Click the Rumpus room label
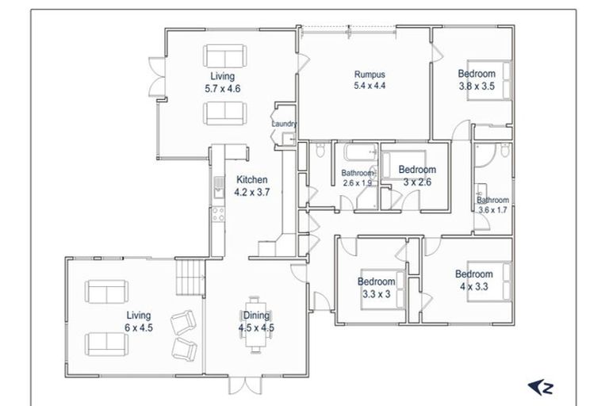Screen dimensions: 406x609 369,75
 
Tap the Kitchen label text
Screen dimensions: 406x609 251,180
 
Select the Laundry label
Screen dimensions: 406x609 283,124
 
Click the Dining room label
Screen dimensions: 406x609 256,315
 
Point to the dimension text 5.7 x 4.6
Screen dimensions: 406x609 222,89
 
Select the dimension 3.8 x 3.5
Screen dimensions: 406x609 476,87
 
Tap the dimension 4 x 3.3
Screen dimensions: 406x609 474,287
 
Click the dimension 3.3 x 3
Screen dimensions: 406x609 376,293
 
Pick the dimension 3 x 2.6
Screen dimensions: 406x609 416,182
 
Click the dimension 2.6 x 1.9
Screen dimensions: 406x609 357,183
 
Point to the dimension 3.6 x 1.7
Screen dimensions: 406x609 492,210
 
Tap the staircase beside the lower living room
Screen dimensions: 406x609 190,279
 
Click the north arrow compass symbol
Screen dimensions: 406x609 541,387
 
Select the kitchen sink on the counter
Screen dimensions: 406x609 216,187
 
